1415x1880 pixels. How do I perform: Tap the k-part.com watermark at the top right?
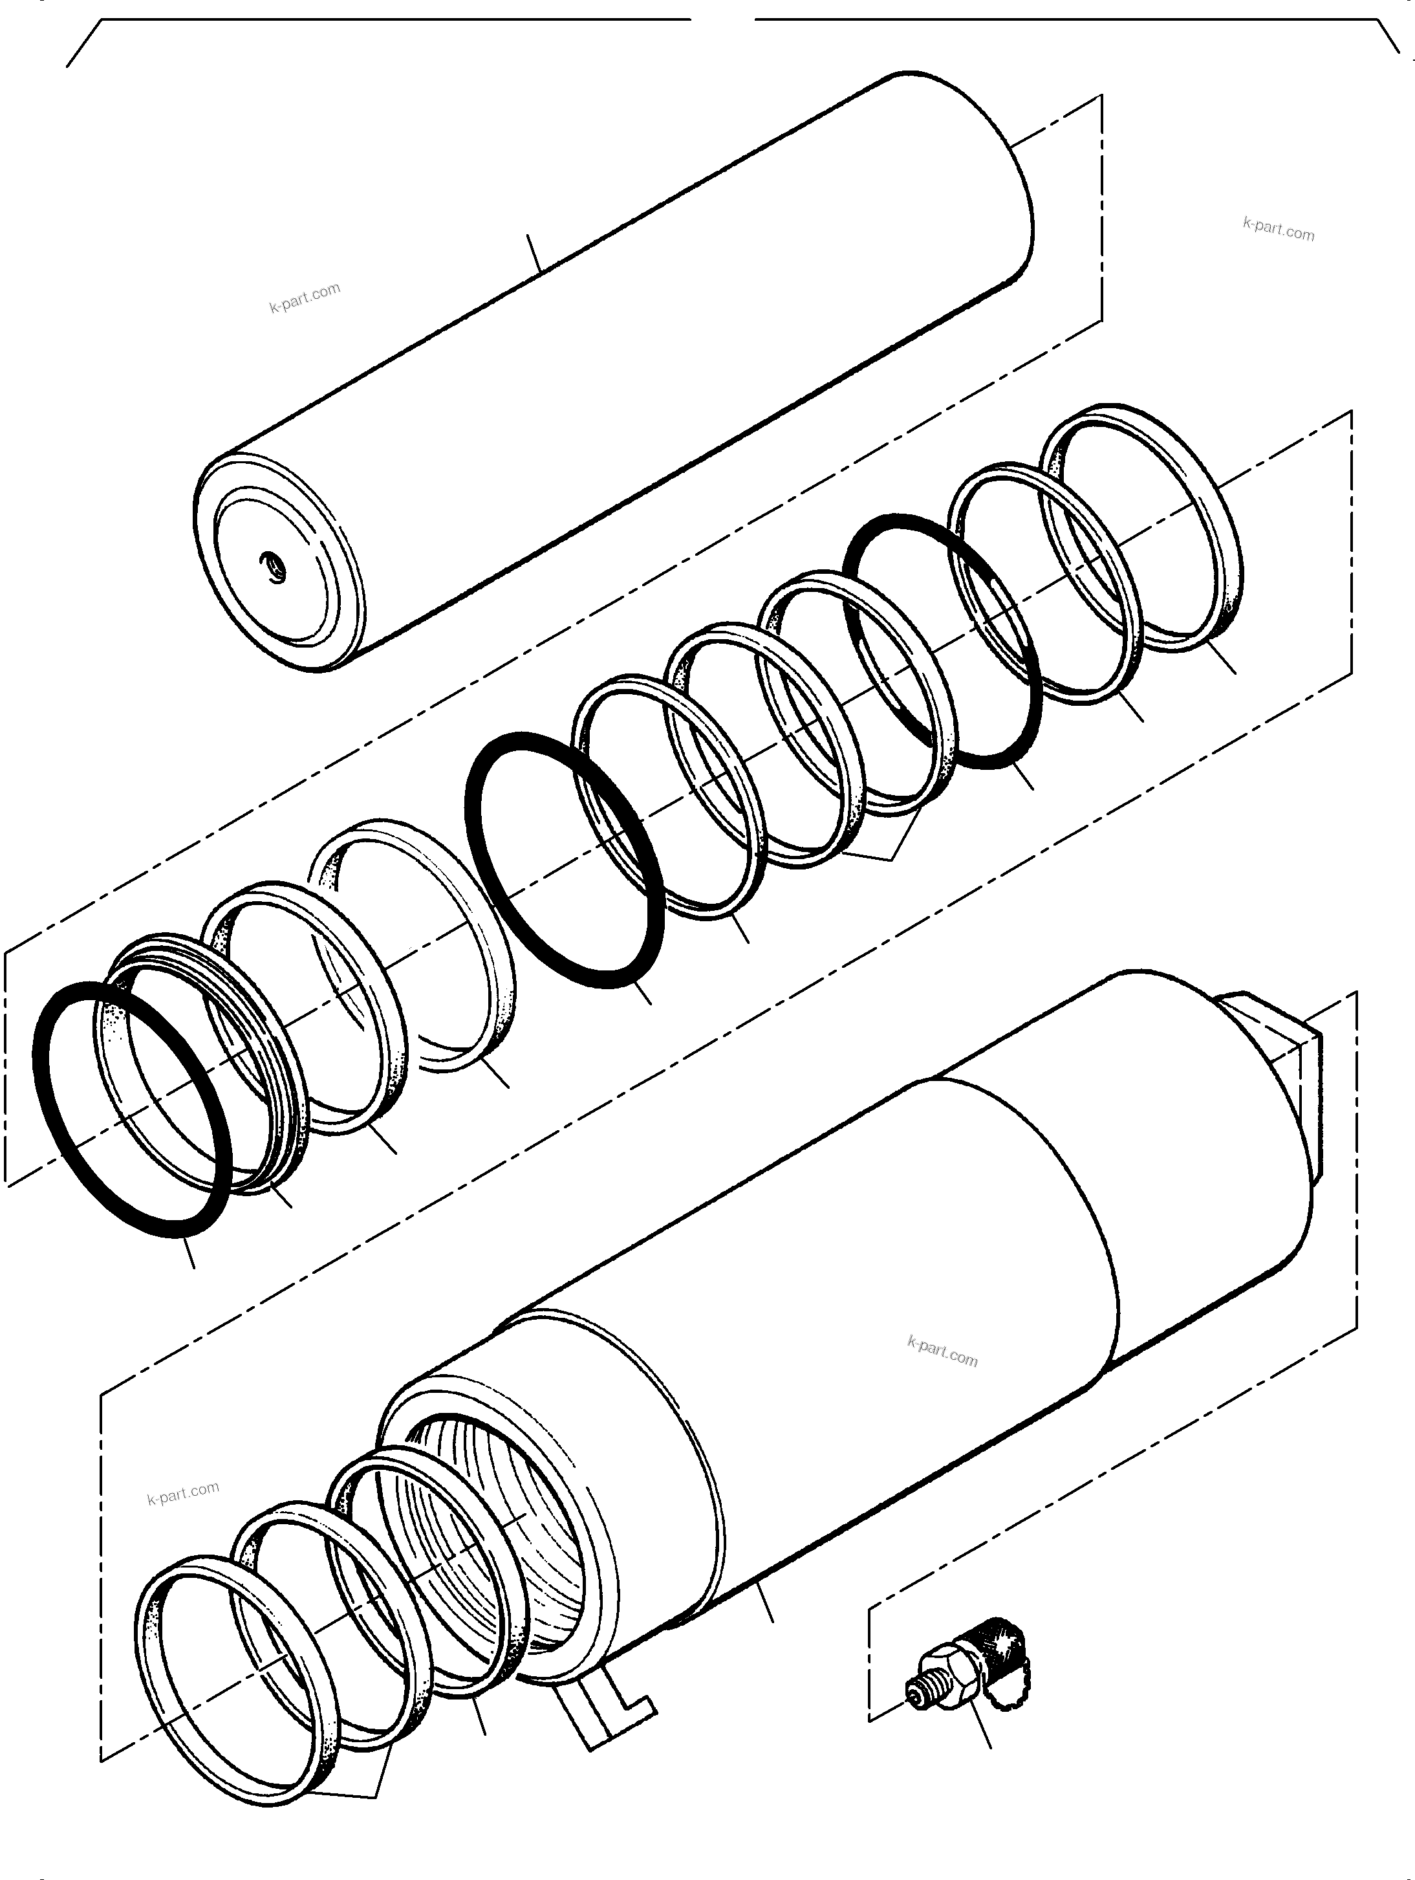(x=1277, y=230)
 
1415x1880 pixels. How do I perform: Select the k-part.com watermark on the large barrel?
(x=942, y=1351)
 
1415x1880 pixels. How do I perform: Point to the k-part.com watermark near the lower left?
(x=183, y=1493)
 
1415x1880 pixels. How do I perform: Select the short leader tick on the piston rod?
(x=534, y=252)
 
